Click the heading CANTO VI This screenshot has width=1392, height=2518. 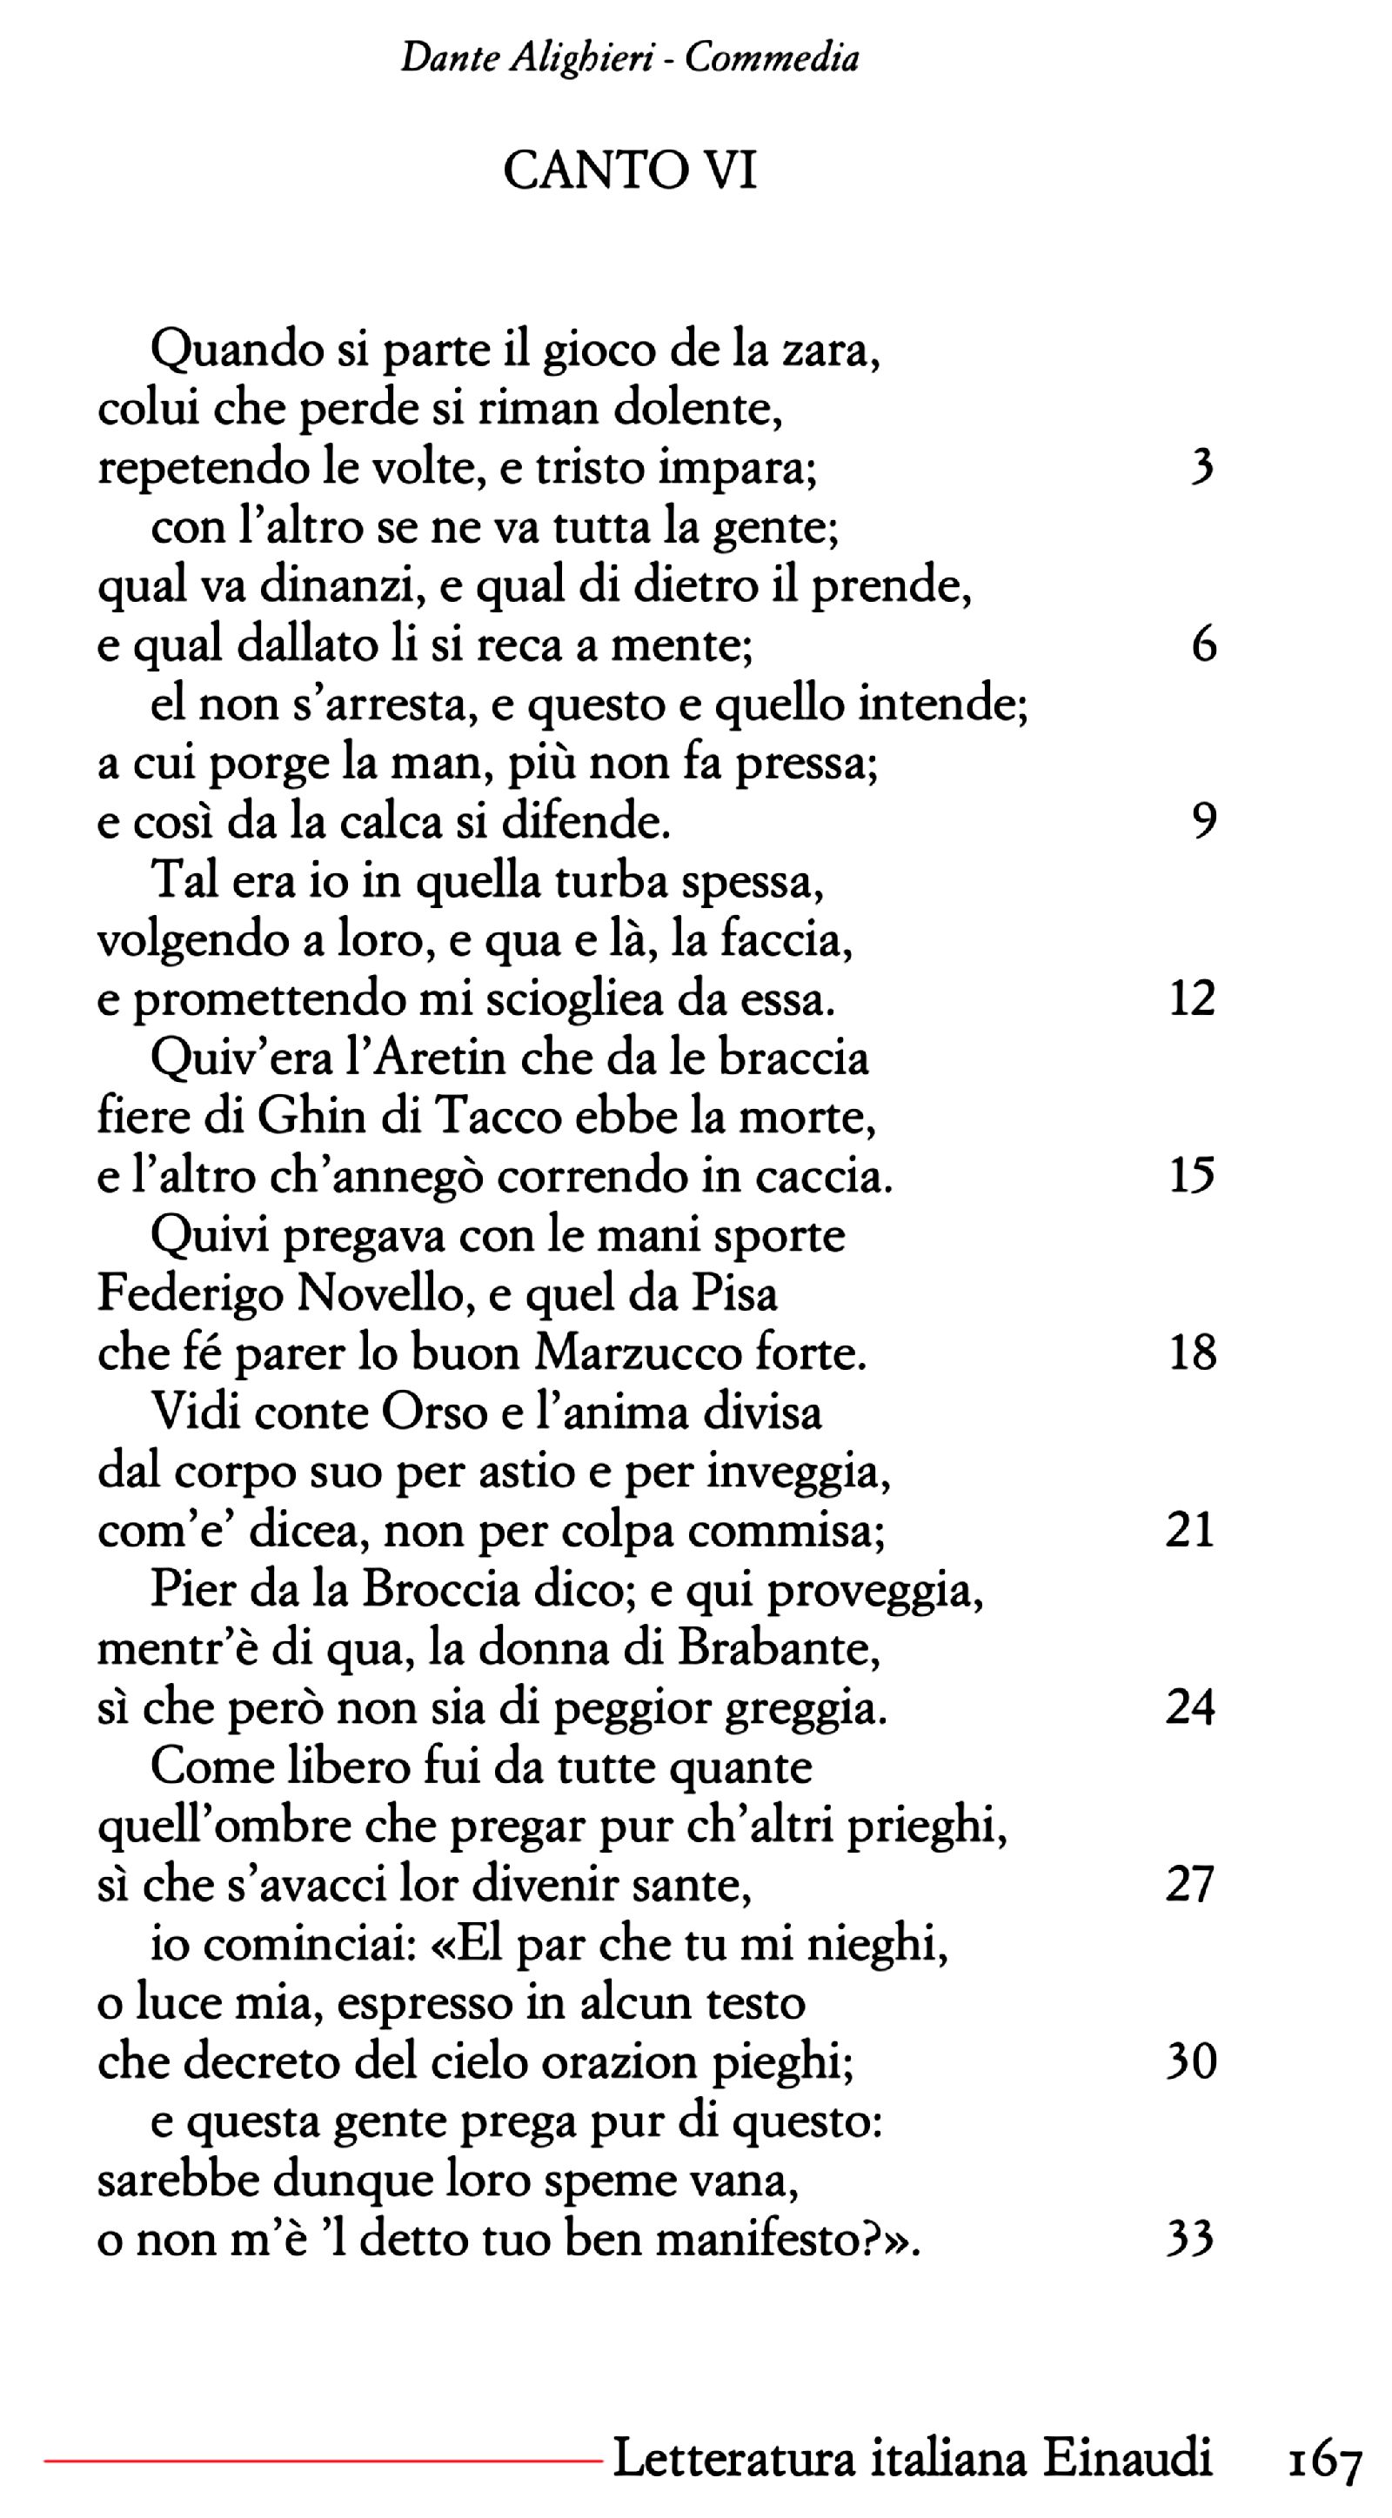(x=630, y=171)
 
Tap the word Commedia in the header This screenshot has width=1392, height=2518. (x=772, y=58)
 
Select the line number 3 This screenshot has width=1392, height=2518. (x=1202, y=467)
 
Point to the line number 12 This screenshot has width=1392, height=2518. (x=1192, y=998)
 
